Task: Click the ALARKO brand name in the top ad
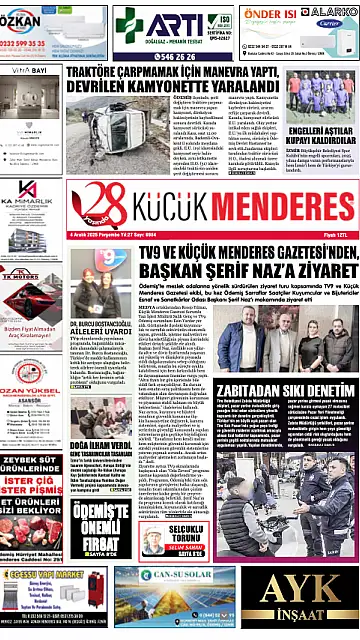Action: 332,13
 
